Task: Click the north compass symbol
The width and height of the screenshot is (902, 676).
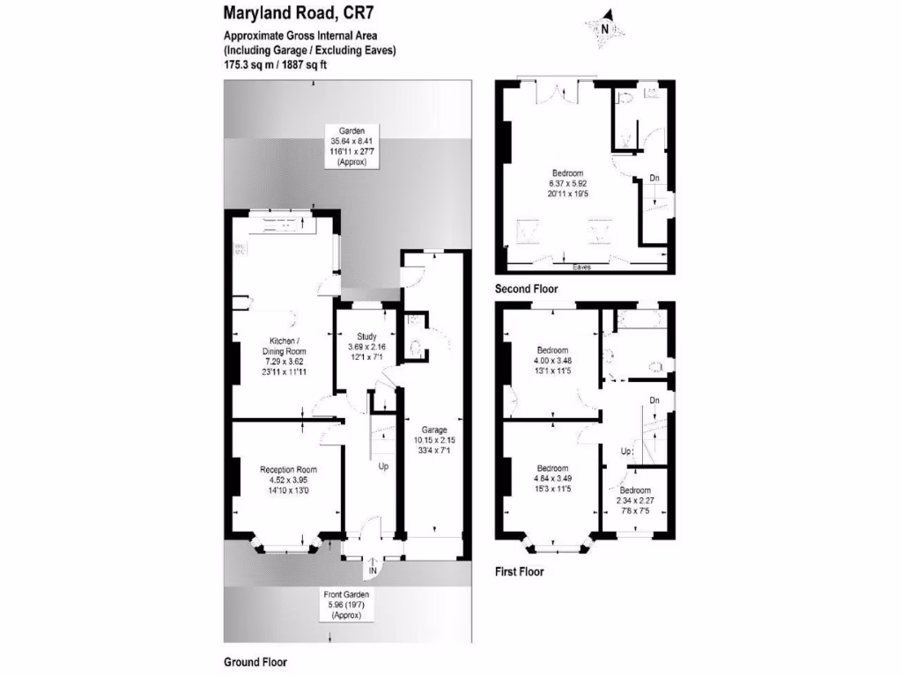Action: (x=606, y=27)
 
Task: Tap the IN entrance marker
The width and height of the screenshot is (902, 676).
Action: (x=373, y=572)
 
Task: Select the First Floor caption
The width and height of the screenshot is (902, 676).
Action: (x=519, y=571)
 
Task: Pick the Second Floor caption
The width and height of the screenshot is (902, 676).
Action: (x=526, y=289)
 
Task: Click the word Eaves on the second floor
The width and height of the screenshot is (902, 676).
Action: (x=581, y=266)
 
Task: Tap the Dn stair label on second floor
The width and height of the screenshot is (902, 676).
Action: (x=654, y=179)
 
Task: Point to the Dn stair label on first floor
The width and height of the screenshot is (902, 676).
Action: (x=654, y=401)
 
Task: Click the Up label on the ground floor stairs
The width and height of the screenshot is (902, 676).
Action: (x=383, y=467)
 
